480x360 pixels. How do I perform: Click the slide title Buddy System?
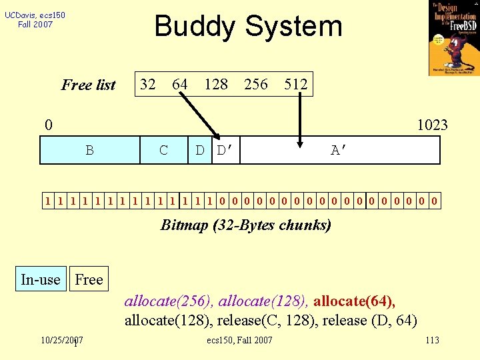pyautogui.click(x=248, y=27)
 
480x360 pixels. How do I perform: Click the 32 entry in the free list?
pyautogui.click(x=148, y=84)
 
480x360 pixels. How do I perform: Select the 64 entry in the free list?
pyautogui.click(x=179, y=84)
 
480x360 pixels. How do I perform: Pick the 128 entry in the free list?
pyautogui.click(x=216, y=84)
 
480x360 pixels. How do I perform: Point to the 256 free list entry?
pyautogui.click(x=256, y=84)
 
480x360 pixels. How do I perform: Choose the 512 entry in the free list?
pyautogui.click(x=295, y=84)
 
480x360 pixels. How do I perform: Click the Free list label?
pyautogui.click(x=89, y=85)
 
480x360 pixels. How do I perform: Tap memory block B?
pyautogui.click(x=89, y=150)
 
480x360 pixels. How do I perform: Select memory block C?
pyautogui.click(x=164, y=150)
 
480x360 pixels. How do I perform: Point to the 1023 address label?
pyautogui.click(x=432, y=125)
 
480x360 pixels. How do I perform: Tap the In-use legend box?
pyautogui.click(x=41, y=279)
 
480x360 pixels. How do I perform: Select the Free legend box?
pyautogui.click(x=89, y=279)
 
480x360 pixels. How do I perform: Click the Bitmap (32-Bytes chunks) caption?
pyautogui.click(x=246, y=225)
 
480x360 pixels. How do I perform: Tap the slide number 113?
pyautogui.click(x=432, y=341)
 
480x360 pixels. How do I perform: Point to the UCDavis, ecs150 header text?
pyautogui.click(x=35, y=19)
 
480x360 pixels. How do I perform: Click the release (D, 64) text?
pyautogui.click(x=370, y=320)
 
